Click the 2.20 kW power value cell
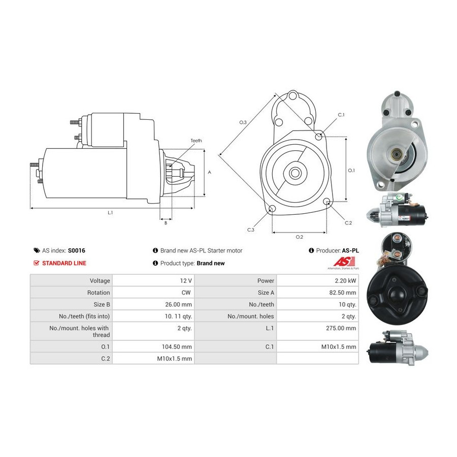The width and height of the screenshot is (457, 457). [345, 281]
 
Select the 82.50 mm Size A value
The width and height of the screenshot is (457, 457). [342, 292]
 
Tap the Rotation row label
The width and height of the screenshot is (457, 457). [99, 292]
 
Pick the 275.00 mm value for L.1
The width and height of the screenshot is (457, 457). [341, 328]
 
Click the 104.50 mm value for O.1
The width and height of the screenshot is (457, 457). [177, 347]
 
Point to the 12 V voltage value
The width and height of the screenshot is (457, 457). [186, 281]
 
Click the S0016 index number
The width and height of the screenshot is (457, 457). [76, 250]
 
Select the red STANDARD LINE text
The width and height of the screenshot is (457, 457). [64, 263]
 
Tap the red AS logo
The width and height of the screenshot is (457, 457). [344, 262]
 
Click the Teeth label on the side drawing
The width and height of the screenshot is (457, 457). [196, 141]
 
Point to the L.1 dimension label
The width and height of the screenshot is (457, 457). [110, 213]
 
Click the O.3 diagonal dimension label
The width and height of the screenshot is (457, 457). [243, 122]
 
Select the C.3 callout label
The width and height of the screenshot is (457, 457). [251, 230]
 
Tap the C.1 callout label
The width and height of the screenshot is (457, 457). [341, 115]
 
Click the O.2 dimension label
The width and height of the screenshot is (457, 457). [299, 237]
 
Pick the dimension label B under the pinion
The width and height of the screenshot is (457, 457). [166, 223]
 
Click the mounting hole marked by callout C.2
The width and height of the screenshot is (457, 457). [327, 201]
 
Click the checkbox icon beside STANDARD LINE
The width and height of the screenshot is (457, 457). [37, 263]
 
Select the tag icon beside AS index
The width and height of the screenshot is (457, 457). [37, 250]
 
